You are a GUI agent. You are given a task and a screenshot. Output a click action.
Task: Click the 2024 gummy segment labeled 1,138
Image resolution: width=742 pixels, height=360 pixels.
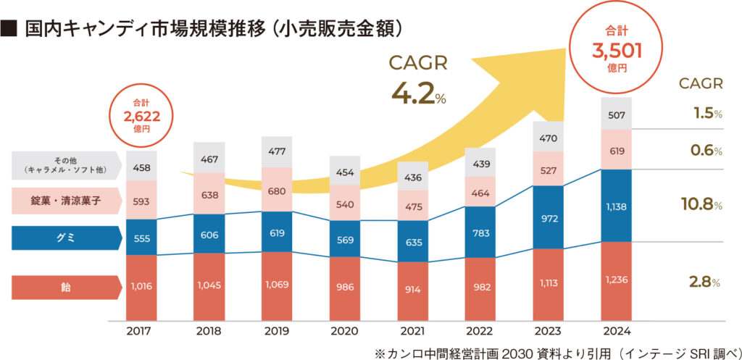[x=617, y=206]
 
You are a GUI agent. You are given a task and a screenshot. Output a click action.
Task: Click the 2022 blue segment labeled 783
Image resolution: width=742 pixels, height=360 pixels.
[x=481, y=233]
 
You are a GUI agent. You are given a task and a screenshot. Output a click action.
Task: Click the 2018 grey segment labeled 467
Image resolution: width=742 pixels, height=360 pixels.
[x=209, y=159]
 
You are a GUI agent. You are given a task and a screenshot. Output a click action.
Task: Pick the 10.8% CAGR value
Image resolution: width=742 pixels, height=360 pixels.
[x=701, y=206]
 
